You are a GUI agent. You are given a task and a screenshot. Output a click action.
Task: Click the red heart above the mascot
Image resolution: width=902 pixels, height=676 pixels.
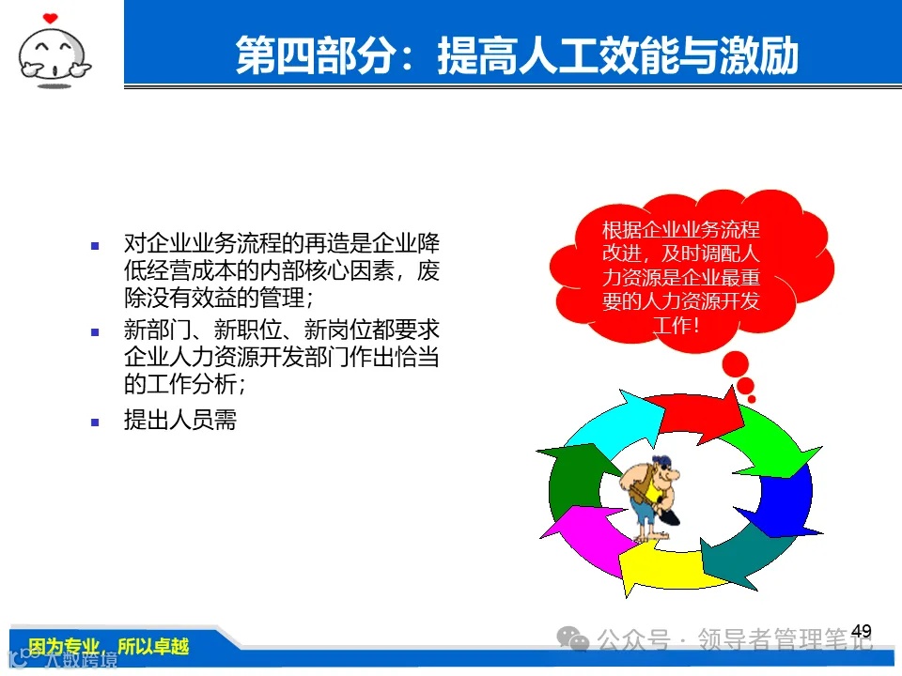click(50, 17)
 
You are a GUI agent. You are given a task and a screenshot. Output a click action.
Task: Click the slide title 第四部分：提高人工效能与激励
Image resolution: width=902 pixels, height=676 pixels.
click(516, 55)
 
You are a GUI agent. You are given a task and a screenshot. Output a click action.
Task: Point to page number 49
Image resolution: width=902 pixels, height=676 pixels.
click(861, 631)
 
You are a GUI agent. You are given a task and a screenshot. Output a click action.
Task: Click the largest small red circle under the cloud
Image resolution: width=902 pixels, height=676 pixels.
click(735, 363)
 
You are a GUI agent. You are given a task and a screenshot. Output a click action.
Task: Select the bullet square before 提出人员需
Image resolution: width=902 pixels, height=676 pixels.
click(94, 422)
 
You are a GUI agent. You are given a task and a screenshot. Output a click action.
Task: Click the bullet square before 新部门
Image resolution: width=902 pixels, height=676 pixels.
click(94, 331)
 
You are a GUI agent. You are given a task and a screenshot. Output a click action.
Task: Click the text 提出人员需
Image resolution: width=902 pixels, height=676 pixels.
click(179, 421)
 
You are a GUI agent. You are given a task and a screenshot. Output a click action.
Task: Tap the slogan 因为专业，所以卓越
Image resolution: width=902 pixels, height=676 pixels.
click(108, 647)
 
